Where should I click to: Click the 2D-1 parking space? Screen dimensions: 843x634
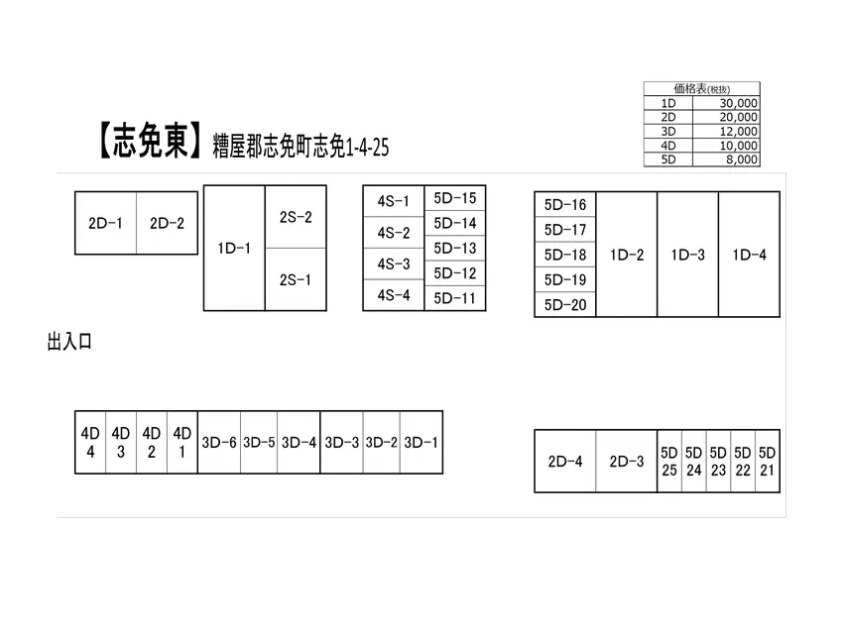pyautogui.click(x=105, y=223)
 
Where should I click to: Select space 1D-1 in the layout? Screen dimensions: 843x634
pyautogui.click(x=234, y=248)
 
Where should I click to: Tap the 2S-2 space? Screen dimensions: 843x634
pyautogui.click(x=296, y=217)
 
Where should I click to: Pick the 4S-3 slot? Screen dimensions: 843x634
pyautogui.click(x=394, y=264)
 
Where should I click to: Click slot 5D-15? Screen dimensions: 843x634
pyautogui.click(x=455, y=198)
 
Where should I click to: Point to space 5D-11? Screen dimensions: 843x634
pyautogui.click(x=455, y=298)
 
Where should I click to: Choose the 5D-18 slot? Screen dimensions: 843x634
pyautogui.click(x=565, y=255)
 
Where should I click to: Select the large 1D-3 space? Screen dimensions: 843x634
pyautogui.click(x=687, y=255)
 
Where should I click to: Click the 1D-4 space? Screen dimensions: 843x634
pyautogui.click(x=749, y=255)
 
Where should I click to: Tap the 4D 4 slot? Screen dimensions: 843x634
pyautogui.click(x=90, y=443)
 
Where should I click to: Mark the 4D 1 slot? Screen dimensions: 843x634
pyautogui.click(x=182, y=443)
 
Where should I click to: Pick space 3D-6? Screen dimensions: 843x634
pyautogui.click(x=219, y=443)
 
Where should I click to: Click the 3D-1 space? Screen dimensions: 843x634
pyautogui.click(x=421, y=443)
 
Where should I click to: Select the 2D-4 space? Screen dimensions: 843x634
pyautogui.click(x=565, y=462)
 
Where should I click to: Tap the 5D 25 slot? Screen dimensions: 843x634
pyautogui.click(x=669, y=462)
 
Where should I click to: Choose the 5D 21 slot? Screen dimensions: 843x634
pyautogui.click(x=768, y=462)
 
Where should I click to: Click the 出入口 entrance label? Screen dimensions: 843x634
pyautogui.click(x=69, y=342)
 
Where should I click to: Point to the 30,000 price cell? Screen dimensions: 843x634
pyautogui.click(x=726, y=103)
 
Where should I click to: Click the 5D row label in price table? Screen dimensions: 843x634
pyautogui.click(x=668, y=159)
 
